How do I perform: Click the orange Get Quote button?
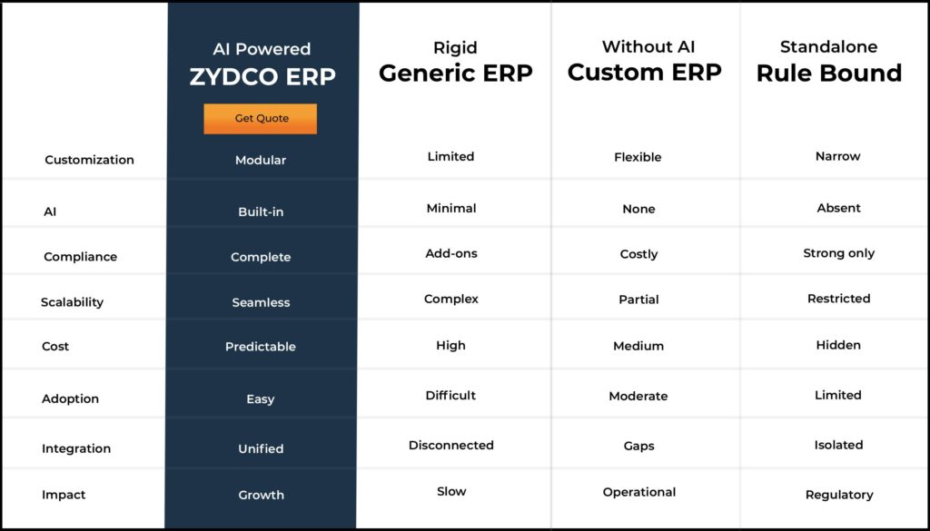261,119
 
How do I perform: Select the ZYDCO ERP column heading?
262,76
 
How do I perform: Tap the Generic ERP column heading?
456,74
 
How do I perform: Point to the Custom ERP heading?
645,73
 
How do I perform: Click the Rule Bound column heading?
829,73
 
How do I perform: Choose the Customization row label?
90,160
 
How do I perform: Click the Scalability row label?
73,302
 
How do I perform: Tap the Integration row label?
76,448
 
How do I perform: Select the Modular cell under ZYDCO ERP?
261,160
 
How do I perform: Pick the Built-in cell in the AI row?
261,211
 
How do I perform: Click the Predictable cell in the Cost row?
261,347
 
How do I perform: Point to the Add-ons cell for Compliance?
451,253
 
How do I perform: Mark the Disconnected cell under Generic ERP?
451,445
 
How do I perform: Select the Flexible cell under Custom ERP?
638,157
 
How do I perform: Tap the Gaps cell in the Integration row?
638,447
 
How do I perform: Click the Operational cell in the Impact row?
639,493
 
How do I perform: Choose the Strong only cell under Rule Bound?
838,253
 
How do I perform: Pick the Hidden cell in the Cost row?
838,345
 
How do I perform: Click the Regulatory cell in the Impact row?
839,495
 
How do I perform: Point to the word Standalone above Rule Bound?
828,47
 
